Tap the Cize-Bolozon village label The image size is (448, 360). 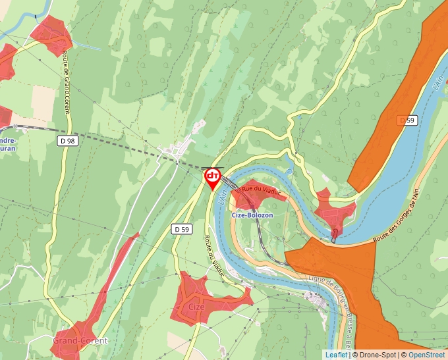click(x=252, y=215)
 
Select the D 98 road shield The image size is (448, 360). click(x=67, y=140)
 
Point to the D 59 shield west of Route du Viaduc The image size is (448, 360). click(x=182, y=228)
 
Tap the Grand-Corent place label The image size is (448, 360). click(x=79, y=340)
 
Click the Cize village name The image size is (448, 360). click(x=197, y=307)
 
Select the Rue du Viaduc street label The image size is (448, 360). click(x=262, y=190)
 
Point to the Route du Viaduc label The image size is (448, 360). click(x=215, y=256)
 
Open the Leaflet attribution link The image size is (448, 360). click(x=336, y=355)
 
